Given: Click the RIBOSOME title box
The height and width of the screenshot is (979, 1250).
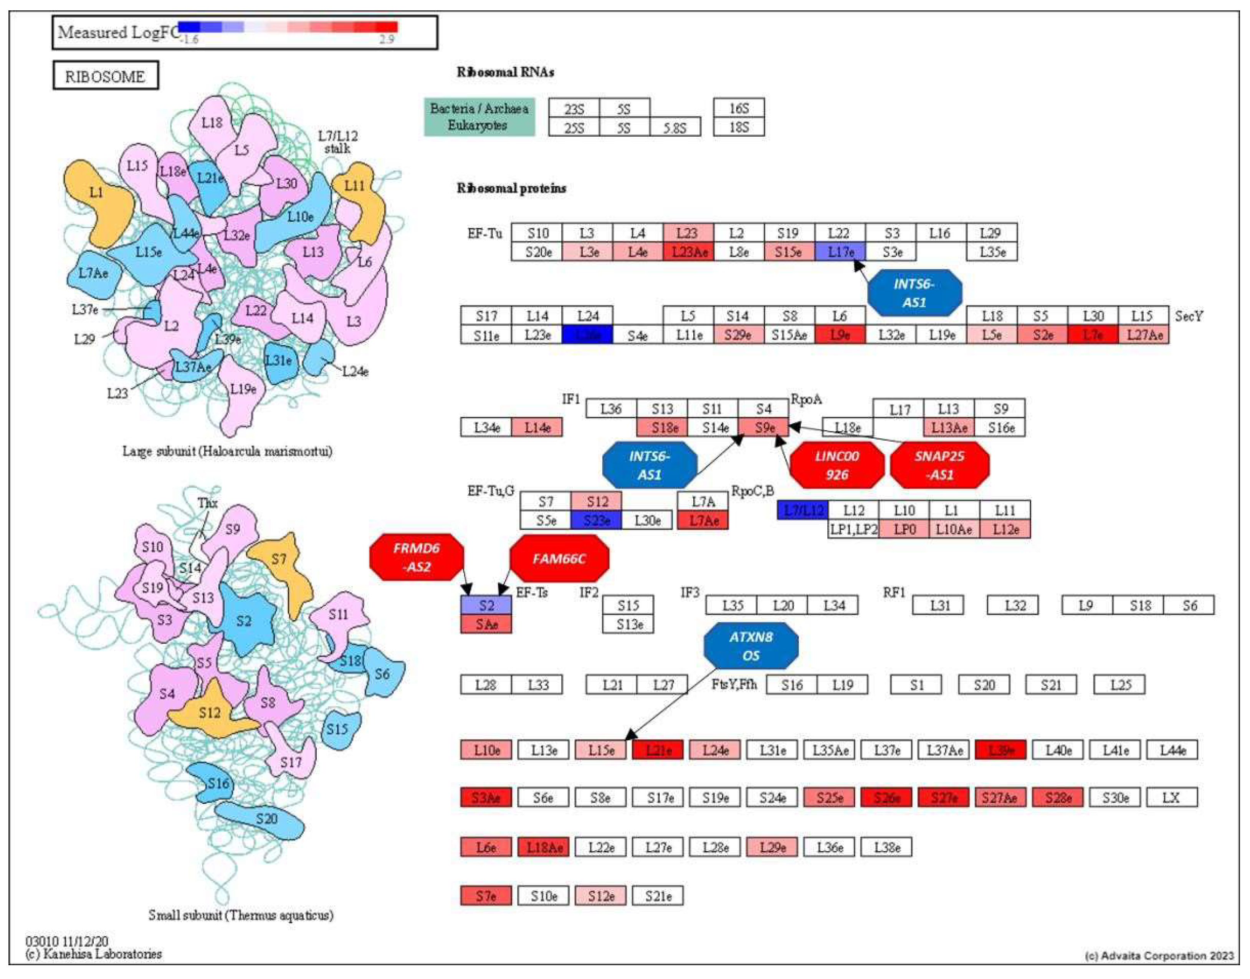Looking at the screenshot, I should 106,76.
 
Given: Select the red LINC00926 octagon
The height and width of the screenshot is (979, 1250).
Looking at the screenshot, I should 837,465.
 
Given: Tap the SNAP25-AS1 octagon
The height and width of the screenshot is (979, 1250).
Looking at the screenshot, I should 939,465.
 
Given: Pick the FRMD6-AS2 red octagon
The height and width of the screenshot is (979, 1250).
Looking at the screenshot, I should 417,557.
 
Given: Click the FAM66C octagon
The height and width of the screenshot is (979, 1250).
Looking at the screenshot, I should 559,558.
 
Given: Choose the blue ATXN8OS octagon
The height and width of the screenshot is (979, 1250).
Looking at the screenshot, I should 751,646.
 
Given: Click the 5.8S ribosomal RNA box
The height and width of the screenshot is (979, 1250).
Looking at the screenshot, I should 675,127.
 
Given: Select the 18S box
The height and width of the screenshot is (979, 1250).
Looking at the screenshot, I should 738,127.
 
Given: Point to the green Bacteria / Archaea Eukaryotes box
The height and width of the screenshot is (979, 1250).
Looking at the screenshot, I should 479,117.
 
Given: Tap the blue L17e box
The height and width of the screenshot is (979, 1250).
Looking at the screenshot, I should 840,252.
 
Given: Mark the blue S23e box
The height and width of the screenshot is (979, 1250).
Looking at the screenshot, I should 596,520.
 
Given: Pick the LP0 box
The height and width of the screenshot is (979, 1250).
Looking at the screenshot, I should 904,529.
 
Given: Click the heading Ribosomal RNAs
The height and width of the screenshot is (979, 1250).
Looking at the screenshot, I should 505,72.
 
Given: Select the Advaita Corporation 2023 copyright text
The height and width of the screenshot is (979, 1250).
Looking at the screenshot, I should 1159,956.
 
